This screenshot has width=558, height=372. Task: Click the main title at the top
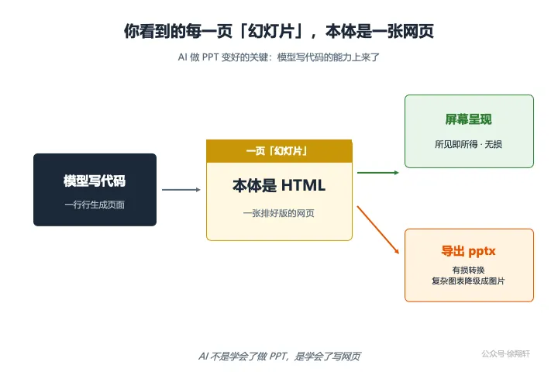point(279,31)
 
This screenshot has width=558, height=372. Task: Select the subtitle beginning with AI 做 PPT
point(279,57)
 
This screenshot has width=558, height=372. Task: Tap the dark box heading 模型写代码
point(95,181)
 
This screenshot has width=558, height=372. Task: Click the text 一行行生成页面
point(95,205)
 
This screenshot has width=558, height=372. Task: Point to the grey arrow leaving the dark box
point(181,190)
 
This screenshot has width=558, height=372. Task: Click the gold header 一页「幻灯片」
point(277,151)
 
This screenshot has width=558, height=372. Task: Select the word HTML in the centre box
point(303,185)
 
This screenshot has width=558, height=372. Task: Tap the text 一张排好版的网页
point(279,213)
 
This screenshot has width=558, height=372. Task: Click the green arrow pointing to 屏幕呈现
point(378,173)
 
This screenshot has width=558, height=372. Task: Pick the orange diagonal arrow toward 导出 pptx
point(378,229)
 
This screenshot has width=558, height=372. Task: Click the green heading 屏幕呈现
point(469,119)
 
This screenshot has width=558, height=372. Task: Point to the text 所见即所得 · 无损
point(468,144)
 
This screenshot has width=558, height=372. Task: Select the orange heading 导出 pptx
point(468,251)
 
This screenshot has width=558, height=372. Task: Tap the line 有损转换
point(468,270)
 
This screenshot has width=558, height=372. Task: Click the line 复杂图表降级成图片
point(468,281)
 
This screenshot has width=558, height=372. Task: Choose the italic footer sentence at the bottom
point(280,356)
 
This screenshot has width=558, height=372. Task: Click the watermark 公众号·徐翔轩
point(505,354)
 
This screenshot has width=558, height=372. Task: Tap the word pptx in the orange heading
point(482,252)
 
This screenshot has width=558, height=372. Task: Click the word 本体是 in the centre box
point(254,185)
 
